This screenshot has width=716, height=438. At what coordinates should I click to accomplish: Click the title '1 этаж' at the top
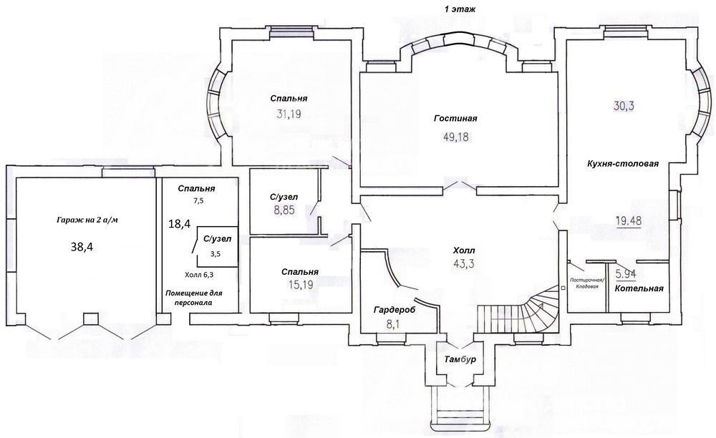click(x=460, y=9)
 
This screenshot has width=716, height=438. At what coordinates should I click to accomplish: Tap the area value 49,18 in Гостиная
click(x=455, y=137)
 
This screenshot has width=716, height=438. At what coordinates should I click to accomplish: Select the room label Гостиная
click(x=455, y=119)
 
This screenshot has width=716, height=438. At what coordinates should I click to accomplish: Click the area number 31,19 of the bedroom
click(x=289, y=114)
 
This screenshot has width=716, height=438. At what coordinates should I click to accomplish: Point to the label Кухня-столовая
click(x=623, y=163)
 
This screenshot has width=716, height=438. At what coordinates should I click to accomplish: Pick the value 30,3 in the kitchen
click(x=624, y=106)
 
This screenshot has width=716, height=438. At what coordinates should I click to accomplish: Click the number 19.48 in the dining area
click(x=629, y=221)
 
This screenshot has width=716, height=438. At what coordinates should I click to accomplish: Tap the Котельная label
click(x=639, y=288)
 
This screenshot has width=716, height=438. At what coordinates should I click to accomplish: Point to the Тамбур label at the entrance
click(x=460, y=359)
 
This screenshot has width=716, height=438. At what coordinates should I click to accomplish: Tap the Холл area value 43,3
click(x=463, y=263)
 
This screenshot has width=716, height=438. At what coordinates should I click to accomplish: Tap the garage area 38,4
click(x=82, y=247)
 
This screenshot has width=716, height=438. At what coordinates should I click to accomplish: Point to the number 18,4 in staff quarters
click(x=180, y=223)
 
